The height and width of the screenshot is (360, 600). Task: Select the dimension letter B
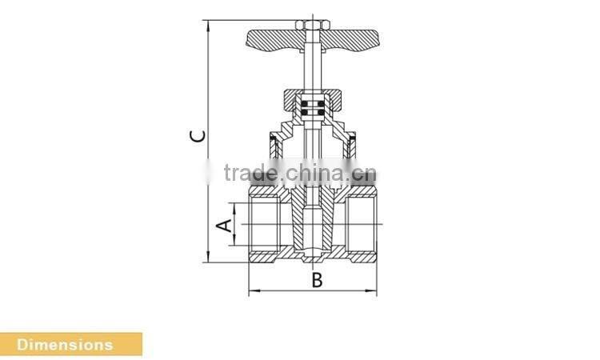[x=317, y=280]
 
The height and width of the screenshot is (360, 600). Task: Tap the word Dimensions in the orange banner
[x=66, y=345]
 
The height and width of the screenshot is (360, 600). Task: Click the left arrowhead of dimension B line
[x=251, y=292]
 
